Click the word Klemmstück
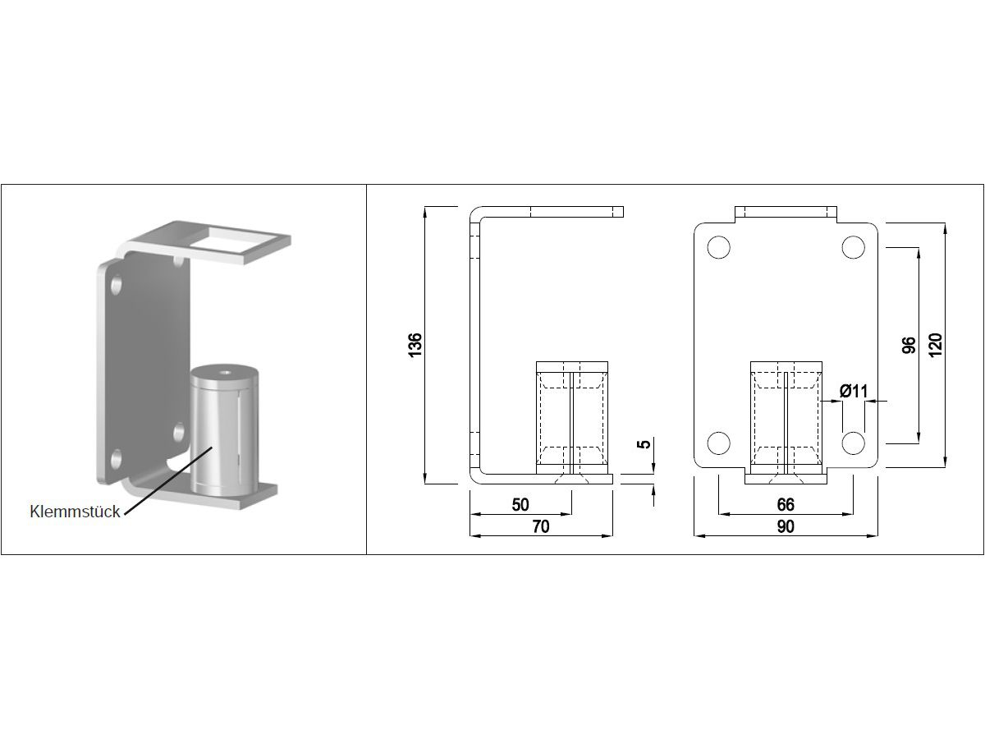75,512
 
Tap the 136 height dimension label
415,345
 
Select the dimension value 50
520,505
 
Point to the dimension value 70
541,526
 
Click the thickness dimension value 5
644,444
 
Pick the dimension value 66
786,505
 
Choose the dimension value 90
786,526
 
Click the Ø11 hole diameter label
854,392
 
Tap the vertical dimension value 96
909,345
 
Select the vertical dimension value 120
936,345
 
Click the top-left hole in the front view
718,247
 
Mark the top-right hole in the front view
853,247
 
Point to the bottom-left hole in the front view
718,443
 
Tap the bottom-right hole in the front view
853,443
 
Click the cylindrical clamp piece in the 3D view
223,429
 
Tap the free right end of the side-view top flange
623,212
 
